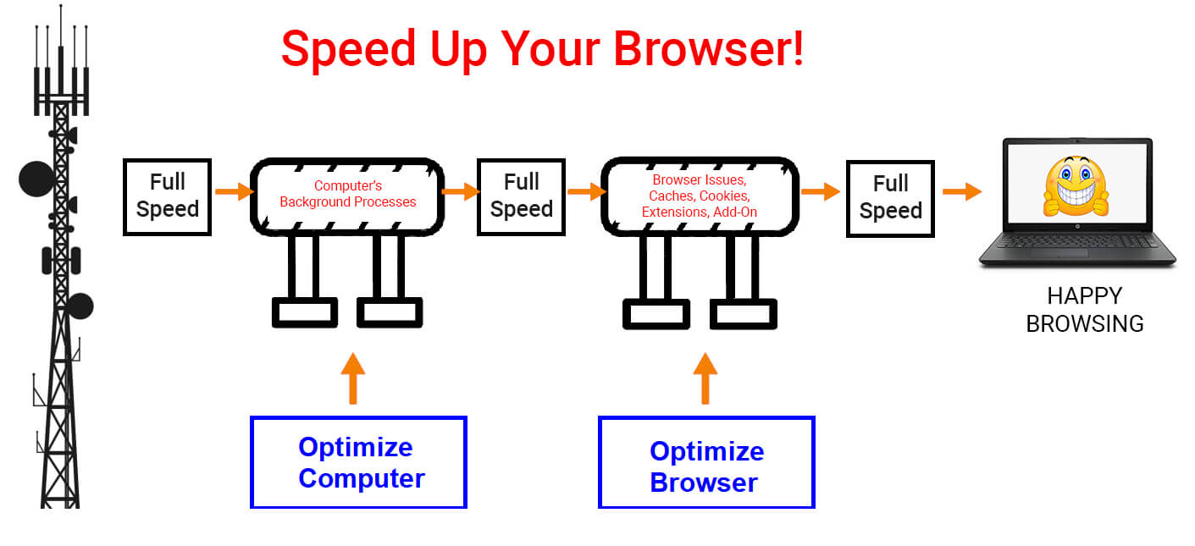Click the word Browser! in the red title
(x=709, y=49)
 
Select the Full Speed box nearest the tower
(x=168, y=196)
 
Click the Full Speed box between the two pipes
(x=521, y=196)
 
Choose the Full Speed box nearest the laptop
(x=890, y=198)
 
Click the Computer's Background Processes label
(x=348, y=194)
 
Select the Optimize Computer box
(x=358, y=462)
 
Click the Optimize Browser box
(x=706, y=462)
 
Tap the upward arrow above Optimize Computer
(x=353, y=378)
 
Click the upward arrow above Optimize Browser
(x=705, y=378)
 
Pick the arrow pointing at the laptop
(x=962, y=191)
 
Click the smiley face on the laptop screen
(x=1076, y=186)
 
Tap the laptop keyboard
(x=1076, y=241)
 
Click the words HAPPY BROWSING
(x=1085, y=310)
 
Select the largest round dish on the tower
(x=36, y=179)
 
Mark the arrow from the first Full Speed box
(x=235, y=191)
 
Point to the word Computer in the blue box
(x=362, y=478)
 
